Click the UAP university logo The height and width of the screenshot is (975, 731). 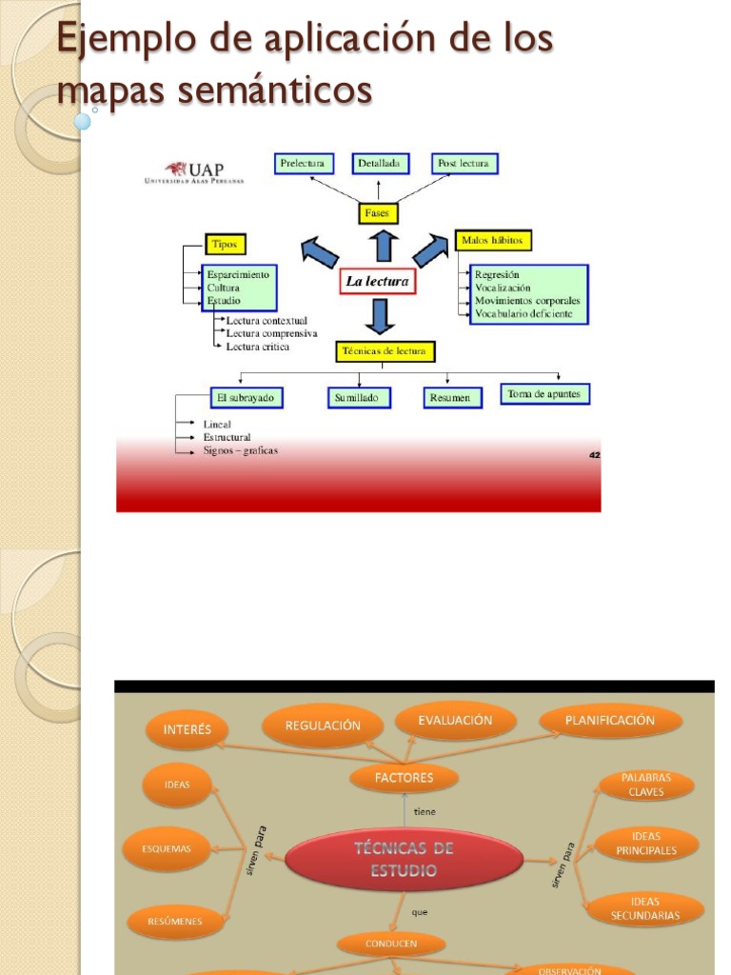194,171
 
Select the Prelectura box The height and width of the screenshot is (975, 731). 302,164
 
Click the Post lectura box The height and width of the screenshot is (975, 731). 464,164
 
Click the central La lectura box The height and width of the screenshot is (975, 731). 377,282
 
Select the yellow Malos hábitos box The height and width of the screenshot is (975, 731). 493,240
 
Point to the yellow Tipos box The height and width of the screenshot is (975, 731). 225,244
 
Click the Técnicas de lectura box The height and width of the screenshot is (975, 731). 385,351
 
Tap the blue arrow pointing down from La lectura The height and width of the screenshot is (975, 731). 379,315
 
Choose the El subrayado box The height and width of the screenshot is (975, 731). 247,397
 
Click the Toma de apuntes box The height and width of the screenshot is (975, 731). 544,394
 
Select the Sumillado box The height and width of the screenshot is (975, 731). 360,398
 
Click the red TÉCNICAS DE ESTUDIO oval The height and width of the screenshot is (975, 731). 404,860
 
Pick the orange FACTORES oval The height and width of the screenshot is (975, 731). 404,778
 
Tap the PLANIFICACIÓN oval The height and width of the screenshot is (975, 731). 610,721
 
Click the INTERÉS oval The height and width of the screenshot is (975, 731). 188,731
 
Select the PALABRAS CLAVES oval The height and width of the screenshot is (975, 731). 646,785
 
